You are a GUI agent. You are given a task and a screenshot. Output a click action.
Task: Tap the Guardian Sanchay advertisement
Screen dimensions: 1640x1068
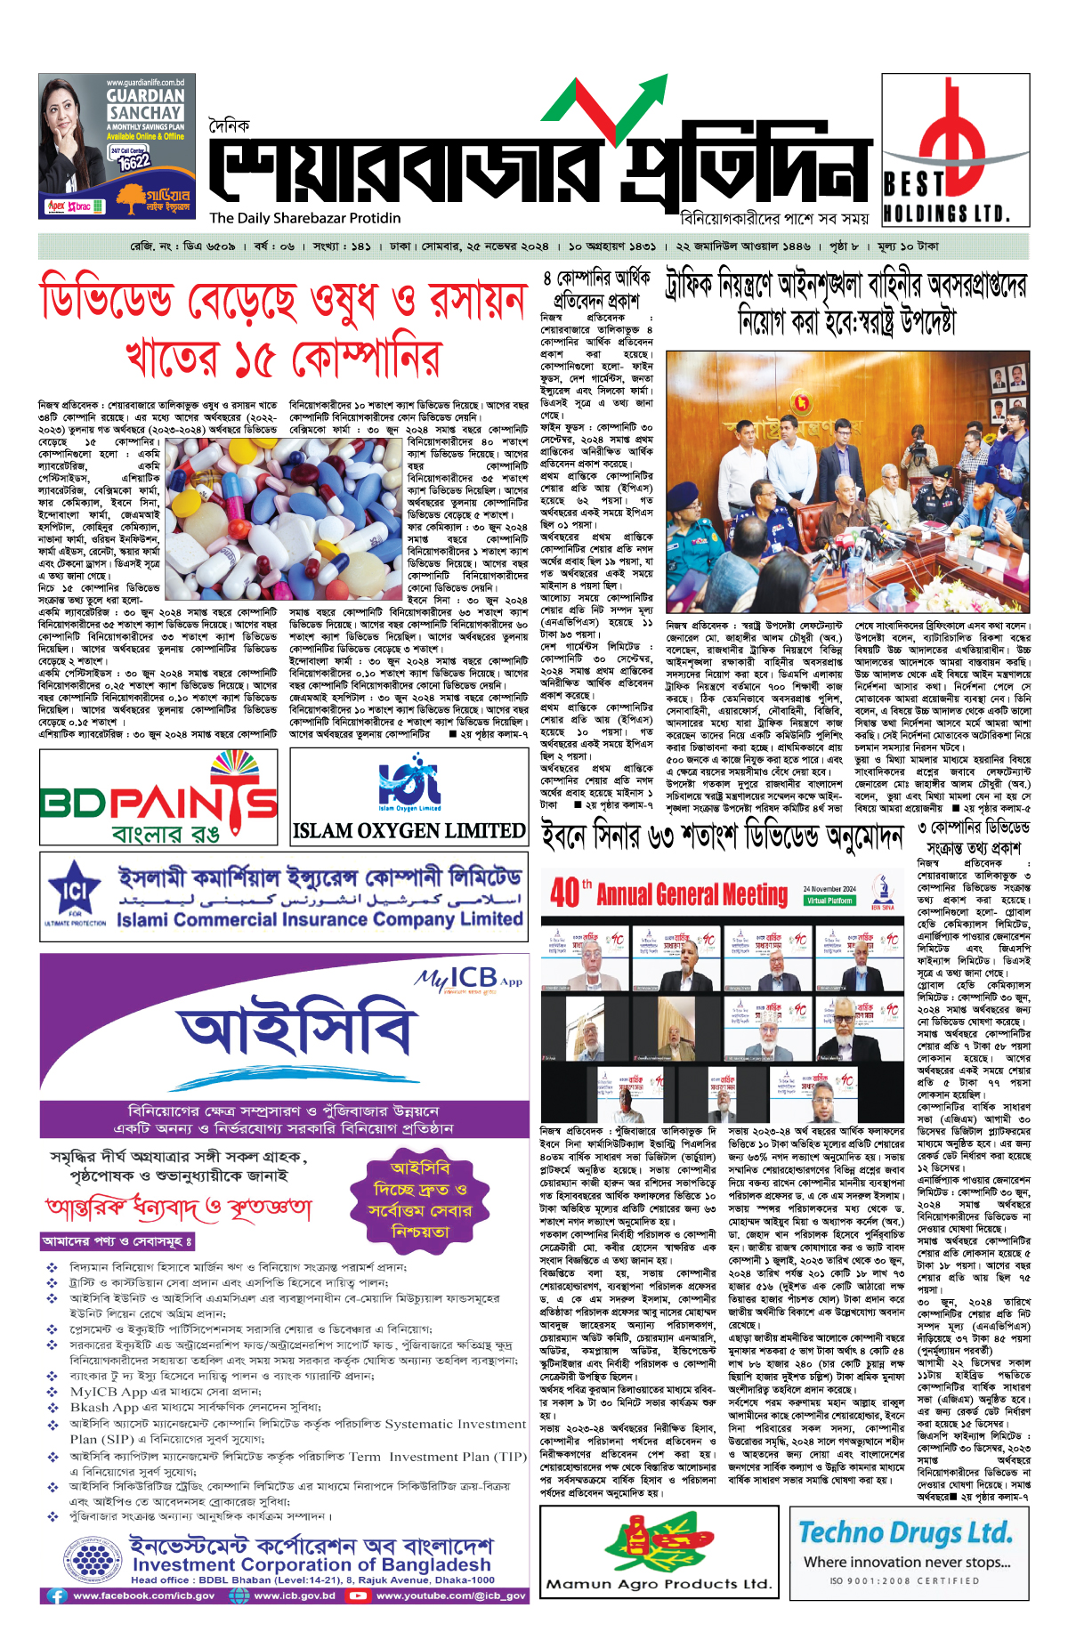point(117,146)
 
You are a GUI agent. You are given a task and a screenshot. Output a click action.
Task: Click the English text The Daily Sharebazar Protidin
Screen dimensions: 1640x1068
point(305,218)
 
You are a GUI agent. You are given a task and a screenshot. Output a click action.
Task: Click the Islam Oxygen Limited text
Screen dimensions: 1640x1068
point(409,830)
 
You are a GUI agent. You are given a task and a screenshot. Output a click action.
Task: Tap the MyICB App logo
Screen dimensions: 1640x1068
point(469,979)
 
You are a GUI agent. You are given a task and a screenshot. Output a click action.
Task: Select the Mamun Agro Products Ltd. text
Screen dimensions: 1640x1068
point(659,1584)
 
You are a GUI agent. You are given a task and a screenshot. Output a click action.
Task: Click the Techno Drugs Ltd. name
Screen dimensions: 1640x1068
point(905,1532)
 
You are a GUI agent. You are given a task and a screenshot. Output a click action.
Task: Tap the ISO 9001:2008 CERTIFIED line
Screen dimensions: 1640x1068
point(903,1580)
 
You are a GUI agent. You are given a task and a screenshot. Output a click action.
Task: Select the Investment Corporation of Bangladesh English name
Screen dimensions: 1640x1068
point(311,1564)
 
